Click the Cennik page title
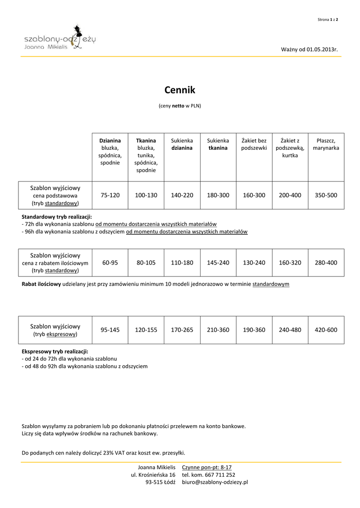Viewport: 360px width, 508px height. [180, 90]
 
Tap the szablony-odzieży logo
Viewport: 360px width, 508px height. [60, 38]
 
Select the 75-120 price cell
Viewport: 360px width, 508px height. [110, 195]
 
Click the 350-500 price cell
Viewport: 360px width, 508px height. [326, 195]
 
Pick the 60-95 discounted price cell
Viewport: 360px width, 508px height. [110, 262]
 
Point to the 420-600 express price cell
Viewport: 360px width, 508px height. [326, 329]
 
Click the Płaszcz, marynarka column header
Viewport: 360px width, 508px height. [326, 144]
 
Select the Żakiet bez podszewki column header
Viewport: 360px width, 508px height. [254, 144]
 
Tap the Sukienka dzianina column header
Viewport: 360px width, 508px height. [182, 144]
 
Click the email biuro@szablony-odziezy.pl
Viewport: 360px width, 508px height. [215, 482]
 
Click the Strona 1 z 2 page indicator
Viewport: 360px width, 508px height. [328, 19]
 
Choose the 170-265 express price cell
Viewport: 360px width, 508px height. [182, 329]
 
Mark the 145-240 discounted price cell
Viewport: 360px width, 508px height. [218, 262]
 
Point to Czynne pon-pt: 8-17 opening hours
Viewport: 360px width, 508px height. [207, 467]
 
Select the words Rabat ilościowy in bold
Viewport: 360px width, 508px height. [41, 284]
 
